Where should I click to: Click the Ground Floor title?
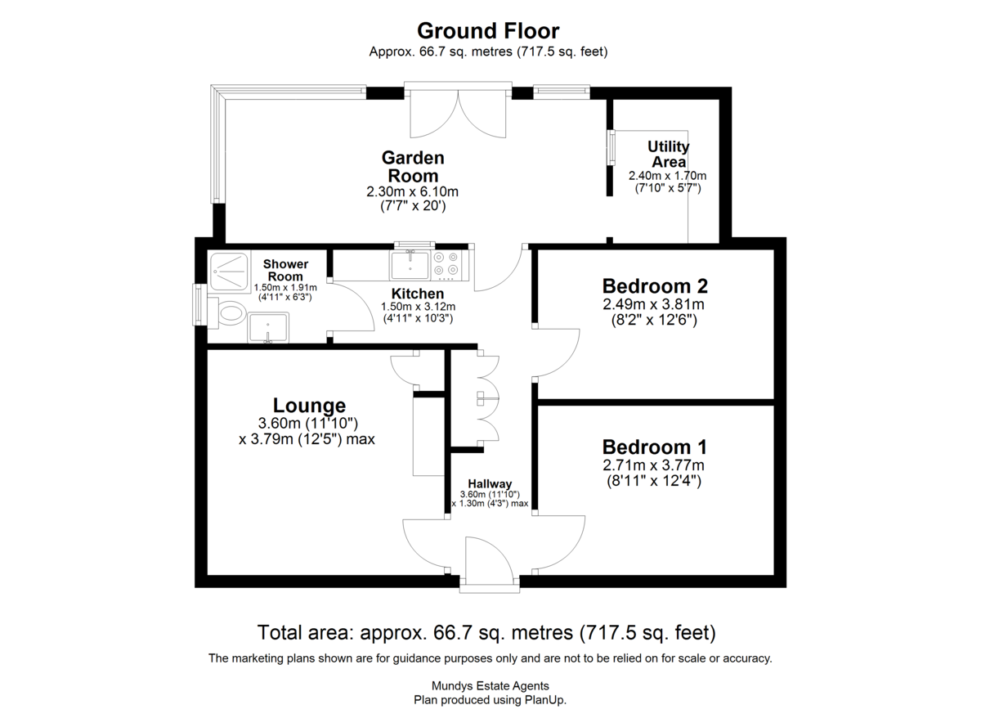(488, 31)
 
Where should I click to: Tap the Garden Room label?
(413, 167)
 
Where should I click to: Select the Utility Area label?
(669, 155)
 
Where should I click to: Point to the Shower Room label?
(285, 270)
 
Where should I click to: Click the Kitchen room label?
(418, 294)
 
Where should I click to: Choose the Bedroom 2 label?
(655, 286)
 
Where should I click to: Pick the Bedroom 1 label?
(654, 447)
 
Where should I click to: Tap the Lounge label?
(309, 406)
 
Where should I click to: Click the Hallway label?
(490, 484)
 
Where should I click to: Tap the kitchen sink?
(410, 265)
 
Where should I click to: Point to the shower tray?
(229, 272)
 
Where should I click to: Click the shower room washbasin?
(268, 327)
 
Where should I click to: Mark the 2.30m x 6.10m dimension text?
(413, 192)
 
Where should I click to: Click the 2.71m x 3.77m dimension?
(653, 465)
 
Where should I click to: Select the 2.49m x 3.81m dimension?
(653, 304)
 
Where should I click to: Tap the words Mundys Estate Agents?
(490, 686)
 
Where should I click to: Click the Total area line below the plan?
(486, 632)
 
